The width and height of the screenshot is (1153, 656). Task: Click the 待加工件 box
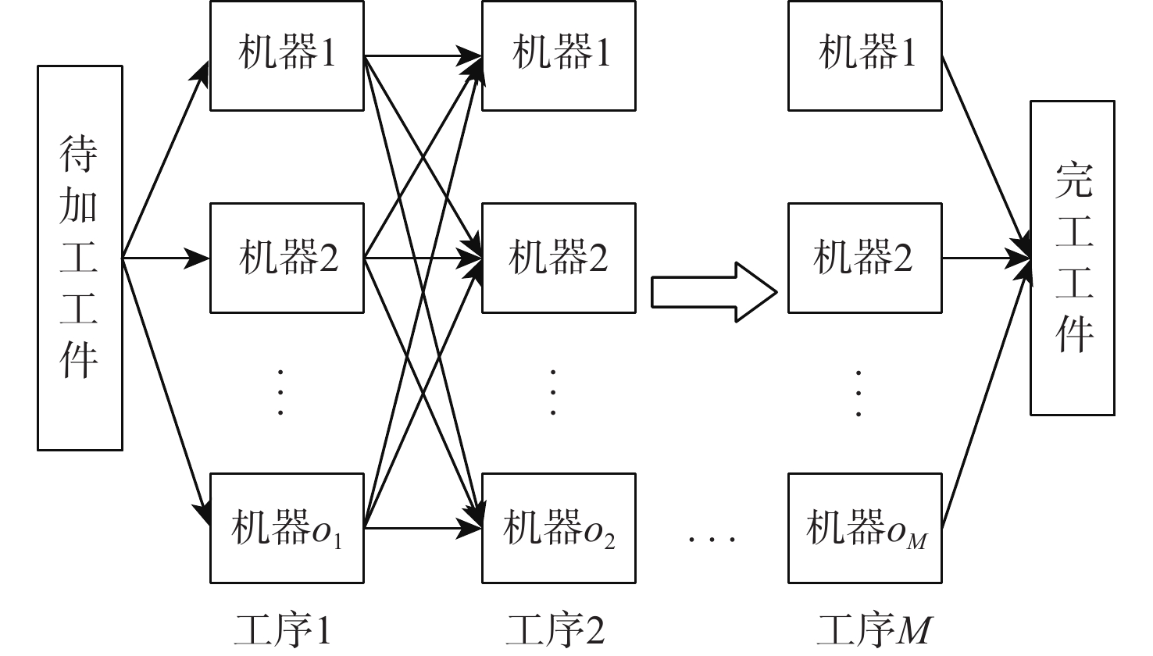point(80,258)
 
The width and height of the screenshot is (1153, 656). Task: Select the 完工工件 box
point(1072,258)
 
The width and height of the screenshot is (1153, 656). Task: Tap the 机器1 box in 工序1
point(287,55)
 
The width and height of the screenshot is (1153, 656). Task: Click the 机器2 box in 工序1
point(287,258)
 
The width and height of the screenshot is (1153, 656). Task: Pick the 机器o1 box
point(287,528)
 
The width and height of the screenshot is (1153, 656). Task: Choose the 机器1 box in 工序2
point(559,55)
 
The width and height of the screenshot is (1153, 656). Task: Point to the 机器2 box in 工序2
point(559,258)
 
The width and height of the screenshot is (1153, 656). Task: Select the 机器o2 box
point(559,528)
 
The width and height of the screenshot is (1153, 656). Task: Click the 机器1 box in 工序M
point(865,55)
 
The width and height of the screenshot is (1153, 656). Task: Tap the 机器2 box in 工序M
point(865,258)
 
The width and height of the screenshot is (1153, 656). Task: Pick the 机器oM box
point(865,528)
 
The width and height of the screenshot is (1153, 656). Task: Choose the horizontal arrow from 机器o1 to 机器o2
point(422,529)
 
